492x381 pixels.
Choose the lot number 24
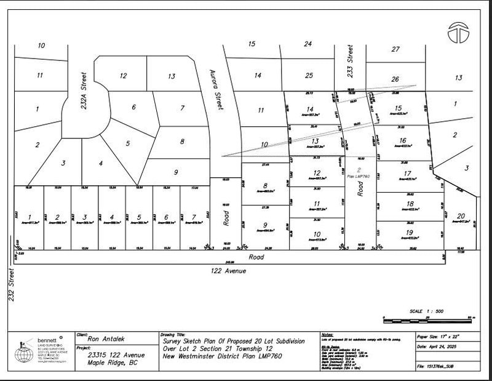[x=308, y=44]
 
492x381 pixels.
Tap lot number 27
[x=396, y=49]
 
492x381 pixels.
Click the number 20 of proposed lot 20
[x=461, y=216]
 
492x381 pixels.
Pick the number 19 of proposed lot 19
[x=409, y=232]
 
